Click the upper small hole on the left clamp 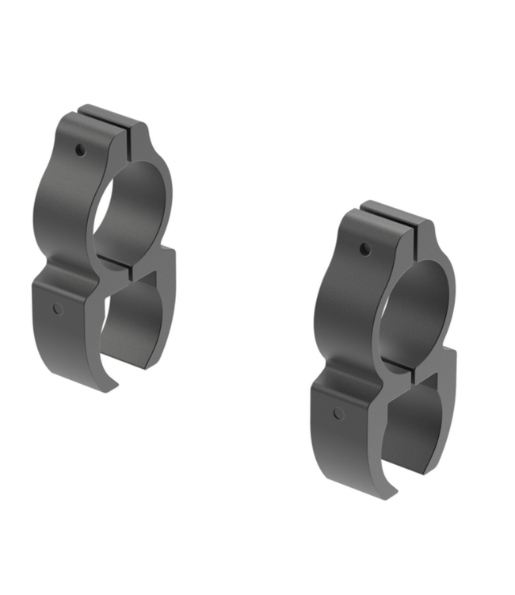[80, 148]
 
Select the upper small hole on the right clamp [364, 250]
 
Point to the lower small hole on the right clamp [338, 413]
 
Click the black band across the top [257, 40]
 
